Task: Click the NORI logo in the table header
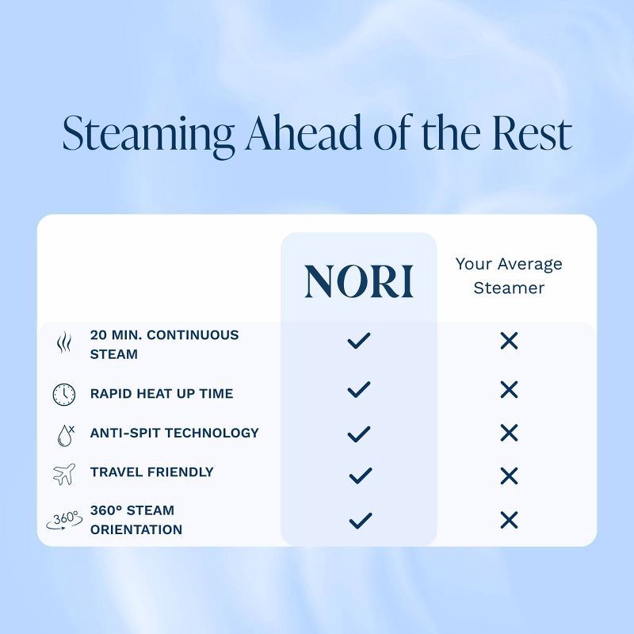[359, 281]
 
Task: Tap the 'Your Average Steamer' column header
[509, 276]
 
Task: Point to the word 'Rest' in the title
[532, 133]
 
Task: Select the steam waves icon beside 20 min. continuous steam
[64, 343]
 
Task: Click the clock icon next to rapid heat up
[64, 394]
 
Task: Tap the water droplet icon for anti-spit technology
[66, 435]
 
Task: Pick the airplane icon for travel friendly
[64, 474]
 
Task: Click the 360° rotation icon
[64, 521]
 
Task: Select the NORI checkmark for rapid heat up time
[359, 389]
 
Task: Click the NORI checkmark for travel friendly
[361, 475]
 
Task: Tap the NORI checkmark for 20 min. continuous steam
[359, 341]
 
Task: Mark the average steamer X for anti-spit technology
[509, 433]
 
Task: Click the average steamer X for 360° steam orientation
[509, 520]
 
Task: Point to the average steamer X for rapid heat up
[509, 389]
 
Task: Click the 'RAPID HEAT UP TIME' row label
[162, 393]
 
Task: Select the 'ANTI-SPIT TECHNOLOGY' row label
[174, 433]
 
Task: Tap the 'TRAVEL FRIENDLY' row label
[151, 472]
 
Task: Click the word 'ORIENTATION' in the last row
[136, 529]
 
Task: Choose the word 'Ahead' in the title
[304, 133]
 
